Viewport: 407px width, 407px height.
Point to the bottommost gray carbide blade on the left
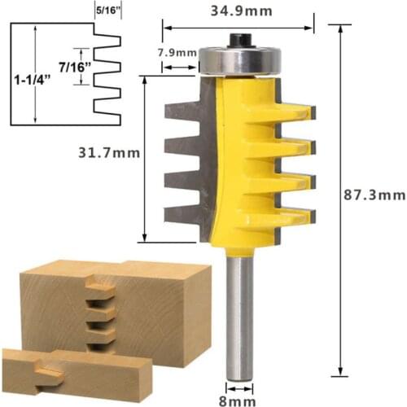point(181,215)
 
